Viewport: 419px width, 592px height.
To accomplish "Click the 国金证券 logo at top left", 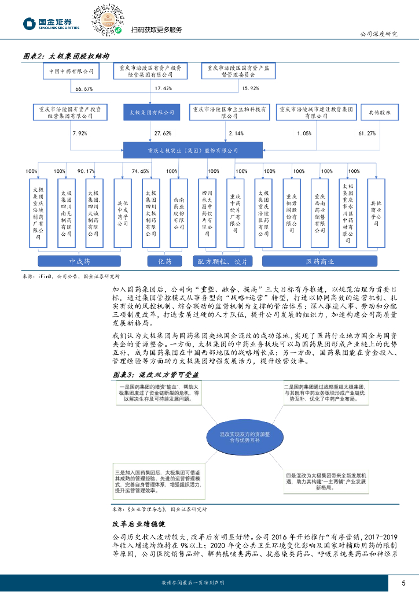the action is (51, 23).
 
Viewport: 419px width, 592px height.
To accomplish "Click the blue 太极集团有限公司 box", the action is (150, 112).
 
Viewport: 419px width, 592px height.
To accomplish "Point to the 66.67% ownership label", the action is (84, 88).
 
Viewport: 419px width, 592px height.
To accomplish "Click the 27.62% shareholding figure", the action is (163, 134).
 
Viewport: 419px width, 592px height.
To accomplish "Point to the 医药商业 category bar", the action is (320, 261).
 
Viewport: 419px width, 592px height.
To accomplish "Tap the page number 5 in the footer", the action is (403, 582).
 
